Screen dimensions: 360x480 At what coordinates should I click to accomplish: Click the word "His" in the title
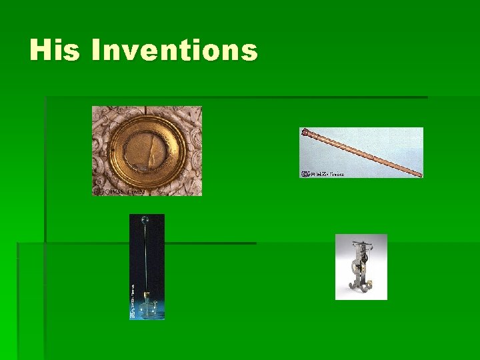coord(55,51)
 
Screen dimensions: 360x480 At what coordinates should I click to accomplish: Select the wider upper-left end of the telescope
coord(306,132)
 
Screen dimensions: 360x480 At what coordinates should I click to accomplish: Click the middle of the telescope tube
coord(362,153)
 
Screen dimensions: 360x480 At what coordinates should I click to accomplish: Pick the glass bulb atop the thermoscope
coord(143,219)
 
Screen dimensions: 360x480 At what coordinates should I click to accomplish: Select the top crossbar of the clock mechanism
coord(361,245)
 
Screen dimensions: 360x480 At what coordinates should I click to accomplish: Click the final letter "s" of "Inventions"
coord(249,51)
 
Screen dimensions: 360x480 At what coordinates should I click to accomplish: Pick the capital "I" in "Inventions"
coord(96,51)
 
